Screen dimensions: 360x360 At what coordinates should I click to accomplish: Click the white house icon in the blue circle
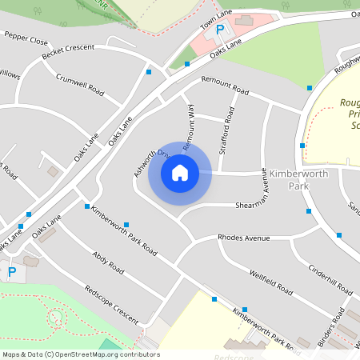[x=180, y=173]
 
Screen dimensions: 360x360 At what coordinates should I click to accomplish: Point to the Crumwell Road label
[x=80, y=84]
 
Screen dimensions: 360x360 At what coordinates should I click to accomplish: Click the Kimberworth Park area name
[x=288, y=179]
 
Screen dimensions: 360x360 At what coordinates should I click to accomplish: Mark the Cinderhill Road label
[x=330, y=275]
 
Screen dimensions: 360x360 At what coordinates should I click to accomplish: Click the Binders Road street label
[x=330, y=326]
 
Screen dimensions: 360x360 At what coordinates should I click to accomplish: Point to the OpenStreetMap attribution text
[x=80, y=354]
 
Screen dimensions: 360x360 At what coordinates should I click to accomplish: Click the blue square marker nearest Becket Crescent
[x=149, y=72]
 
